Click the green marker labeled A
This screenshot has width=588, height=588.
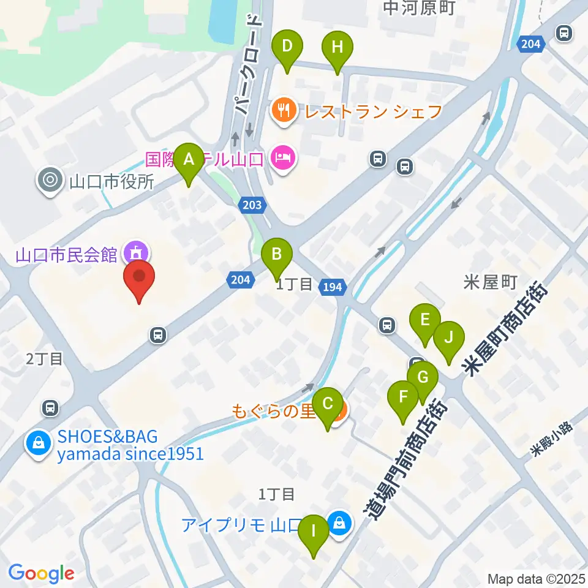[x=189, y=160]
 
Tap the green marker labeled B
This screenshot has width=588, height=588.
[x=277, y=254]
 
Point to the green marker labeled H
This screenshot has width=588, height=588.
[x=337, y=47]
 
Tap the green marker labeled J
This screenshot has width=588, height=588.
[x=449, y=338]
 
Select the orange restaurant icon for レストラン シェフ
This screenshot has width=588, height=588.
[x=283, y=110]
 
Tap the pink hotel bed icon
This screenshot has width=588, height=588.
[x=284, y=158]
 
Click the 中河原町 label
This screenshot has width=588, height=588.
[x=414, y=7]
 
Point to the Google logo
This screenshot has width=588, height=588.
[x=41, y=573]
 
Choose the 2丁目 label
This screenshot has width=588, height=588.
[x=44, y=359]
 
